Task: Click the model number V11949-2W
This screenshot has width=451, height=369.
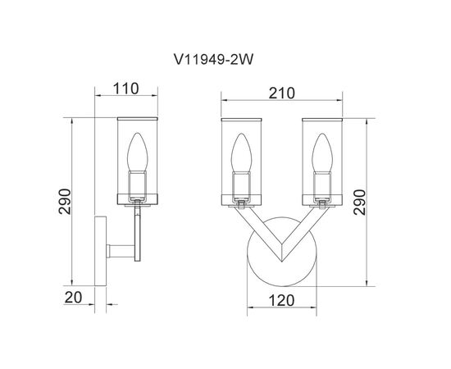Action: (213, 60)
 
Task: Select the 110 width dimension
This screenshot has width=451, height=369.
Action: (126, 89)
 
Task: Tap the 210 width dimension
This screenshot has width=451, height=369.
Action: (281, 93)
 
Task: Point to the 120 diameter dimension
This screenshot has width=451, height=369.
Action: (281, 301)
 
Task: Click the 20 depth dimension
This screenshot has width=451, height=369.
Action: (73, 298)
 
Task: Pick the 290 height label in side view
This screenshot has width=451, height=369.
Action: (65, 202)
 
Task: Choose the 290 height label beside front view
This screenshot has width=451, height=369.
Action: (359, 203)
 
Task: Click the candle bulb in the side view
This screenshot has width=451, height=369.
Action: (138, 152)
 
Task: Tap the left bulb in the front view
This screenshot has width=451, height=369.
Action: (241, 153)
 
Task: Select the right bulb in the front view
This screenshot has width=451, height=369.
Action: (322, 153)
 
